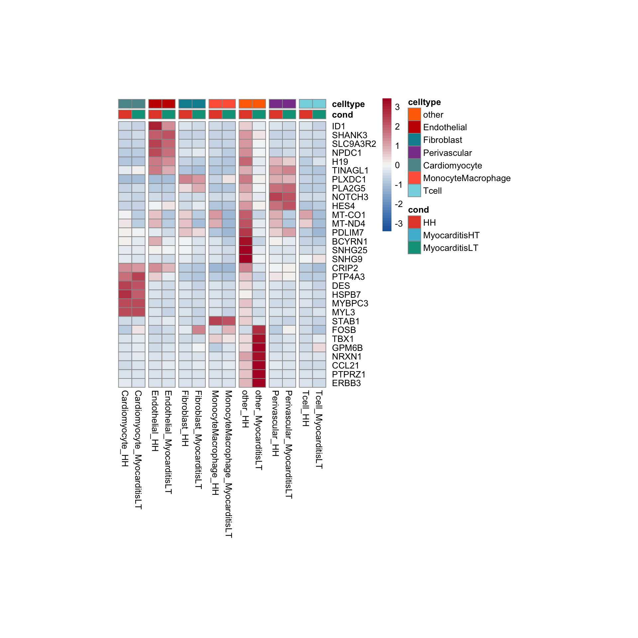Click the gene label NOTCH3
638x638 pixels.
point(350,197)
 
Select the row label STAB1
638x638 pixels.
point(346,321)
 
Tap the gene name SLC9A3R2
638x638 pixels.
point(354,144)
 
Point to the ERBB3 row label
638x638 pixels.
point(346,383)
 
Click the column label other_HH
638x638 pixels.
point(245,409)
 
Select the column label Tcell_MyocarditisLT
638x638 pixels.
point(319,429)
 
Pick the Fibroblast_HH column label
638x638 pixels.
point(185,418)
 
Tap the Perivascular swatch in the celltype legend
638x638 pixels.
point(414,153)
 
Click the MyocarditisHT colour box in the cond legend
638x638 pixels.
point(414,235)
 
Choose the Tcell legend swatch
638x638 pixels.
point(414,190)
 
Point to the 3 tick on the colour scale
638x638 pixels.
point(397,107)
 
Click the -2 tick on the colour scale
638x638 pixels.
point(398,204)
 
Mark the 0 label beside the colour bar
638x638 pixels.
point(397,165)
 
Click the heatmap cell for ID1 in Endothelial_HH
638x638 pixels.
point(155,126)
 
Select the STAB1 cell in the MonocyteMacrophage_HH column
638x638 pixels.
point(215,321)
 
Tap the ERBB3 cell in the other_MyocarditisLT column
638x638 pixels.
point(259,383)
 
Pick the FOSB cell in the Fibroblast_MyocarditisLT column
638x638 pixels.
point(199,330)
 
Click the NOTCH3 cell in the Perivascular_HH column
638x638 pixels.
point(276,197)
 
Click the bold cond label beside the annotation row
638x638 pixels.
point(342,115)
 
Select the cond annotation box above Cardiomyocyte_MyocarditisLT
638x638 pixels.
point(139,114)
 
